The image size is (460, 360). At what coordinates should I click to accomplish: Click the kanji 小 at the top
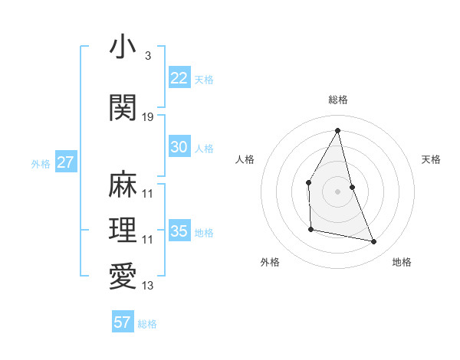coord(123,47)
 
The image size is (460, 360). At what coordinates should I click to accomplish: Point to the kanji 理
coord(123,231)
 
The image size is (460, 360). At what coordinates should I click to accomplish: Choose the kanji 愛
coord(123,277)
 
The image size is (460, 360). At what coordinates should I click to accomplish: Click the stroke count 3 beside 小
coord(147,57)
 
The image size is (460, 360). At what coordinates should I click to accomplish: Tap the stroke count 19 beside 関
coord(148,117)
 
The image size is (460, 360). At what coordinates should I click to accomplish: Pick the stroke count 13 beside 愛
coord(148,286)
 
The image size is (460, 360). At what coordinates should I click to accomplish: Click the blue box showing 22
coord(179,77)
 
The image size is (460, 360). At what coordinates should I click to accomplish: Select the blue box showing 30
coord(179,147)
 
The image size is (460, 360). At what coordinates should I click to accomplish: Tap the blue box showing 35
coord(179,231)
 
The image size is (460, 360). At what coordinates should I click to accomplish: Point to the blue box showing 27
coord(66,162)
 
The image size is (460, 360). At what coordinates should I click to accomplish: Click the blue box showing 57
coord(123,322)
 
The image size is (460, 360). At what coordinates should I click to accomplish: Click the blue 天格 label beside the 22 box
coord(204,79)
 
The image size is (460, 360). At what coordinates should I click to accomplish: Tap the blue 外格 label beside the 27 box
coord(41,163)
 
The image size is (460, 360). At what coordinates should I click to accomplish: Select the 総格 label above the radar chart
coord(337,100)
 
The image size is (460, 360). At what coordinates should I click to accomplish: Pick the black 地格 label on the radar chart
coord(402,262)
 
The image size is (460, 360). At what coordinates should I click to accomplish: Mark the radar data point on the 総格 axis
coord(337,130)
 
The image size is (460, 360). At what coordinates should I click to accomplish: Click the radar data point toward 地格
coord(374,242)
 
